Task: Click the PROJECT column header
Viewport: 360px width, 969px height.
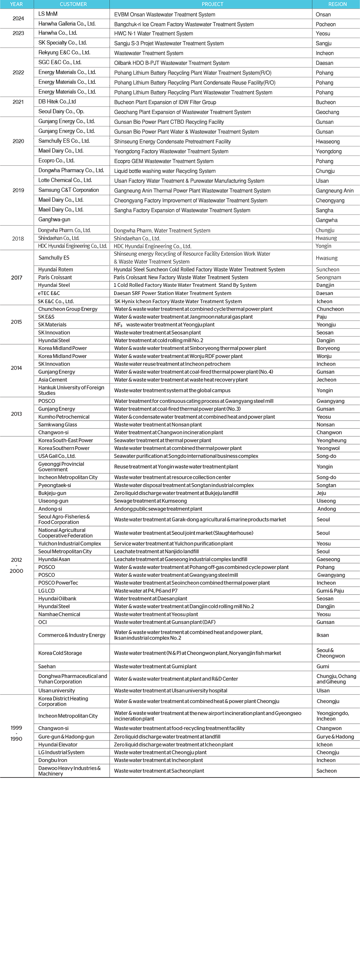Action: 212,4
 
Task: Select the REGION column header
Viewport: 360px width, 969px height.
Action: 337,4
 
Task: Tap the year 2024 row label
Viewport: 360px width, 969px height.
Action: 18,18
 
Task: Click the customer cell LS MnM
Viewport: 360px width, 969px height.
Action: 48,14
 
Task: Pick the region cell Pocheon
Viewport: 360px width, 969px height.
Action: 325,24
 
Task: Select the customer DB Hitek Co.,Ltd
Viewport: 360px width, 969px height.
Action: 57,101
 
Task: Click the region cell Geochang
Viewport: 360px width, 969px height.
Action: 327,112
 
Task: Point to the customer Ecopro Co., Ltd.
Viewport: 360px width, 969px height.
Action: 56,161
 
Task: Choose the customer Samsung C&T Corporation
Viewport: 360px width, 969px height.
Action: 68,190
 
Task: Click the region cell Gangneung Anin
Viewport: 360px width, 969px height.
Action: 334,191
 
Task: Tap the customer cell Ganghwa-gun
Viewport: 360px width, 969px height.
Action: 54,219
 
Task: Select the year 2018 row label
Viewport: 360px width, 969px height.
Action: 18,239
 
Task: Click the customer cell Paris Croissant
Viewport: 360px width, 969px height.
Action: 55,277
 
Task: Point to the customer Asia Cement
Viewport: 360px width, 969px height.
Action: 53,379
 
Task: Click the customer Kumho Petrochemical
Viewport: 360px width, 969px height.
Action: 63,417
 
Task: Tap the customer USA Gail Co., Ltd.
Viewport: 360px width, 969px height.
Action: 57,456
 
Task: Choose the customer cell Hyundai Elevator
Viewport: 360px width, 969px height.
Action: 58,744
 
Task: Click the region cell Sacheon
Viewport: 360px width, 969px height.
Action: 326,771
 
